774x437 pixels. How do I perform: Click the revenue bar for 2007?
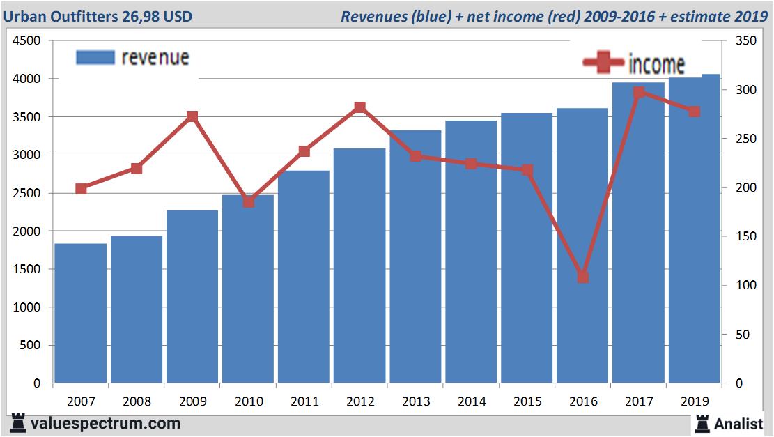click(81, 314)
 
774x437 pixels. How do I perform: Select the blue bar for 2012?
click(359, 266)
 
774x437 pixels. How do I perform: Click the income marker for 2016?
click(583, 277)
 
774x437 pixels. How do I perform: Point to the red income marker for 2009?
click(193, 116)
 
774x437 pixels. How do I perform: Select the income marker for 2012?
click(359, 107)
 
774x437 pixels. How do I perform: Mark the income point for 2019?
click(694, 112)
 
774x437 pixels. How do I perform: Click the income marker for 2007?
click(82, 189)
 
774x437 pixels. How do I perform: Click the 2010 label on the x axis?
click(249, 401)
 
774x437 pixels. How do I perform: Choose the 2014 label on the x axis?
click(472, 401)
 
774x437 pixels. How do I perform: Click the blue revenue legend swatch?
click(95, 57)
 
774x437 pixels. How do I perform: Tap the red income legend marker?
click(603, 63)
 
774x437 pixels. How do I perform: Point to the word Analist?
click(738, 423)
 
